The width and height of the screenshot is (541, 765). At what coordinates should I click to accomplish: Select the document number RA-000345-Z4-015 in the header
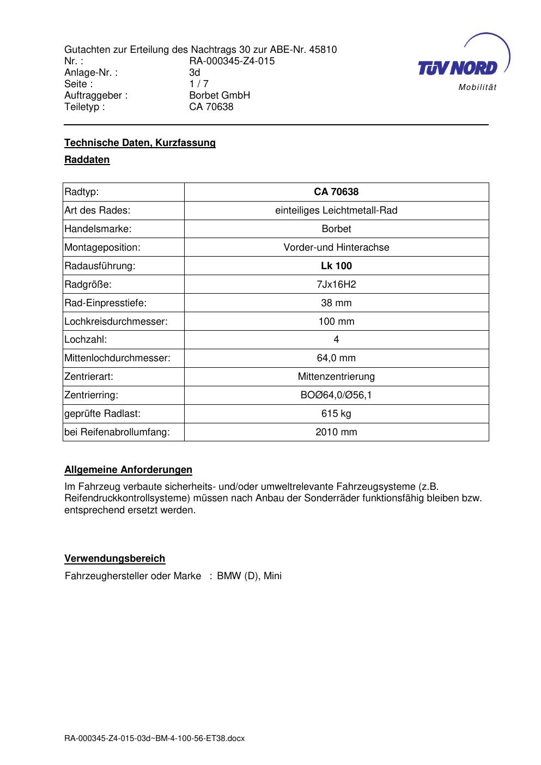click(x=232, y=61)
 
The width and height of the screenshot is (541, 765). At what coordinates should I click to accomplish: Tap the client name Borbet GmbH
click(x=220, y=95)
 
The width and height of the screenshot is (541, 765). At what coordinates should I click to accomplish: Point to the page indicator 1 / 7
click(x=198, y=84)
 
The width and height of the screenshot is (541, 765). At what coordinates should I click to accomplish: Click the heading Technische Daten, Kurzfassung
click(x=140, y=143)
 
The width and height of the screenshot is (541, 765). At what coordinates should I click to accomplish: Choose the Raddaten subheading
click(x=87, y=160)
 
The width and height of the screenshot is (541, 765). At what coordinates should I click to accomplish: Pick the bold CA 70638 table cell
click(x=336, y=192)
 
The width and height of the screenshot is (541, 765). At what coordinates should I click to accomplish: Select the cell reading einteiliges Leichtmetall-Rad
click(x=336, y=210)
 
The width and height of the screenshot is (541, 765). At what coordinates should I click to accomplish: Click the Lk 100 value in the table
click(x=336, y=266)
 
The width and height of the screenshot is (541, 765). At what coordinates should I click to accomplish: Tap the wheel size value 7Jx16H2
click(x=336, y=284)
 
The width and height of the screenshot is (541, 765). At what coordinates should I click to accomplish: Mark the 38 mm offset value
click(x=336, y=303)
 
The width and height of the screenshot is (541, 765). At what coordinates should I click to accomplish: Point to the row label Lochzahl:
click(x=86, y=339)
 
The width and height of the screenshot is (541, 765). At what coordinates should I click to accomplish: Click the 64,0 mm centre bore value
click(x=336, y=358)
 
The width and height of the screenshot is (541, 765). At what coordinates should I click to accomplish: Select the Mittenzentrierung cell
click(x=336, y=377)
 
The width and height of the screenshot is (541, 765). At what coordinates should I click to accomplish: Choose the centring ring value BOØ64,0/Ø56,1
click(x=336, y=395)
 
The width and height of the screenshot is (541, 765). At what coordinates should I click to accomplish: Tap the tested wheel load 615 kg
click(x=336, y=414)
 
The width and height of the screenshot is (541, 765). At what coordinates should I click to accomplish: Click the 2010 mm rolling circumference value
click(x=336, y=432)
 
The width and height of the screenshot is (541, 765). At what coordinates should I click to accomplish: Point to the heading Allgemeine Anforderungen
click(x=128, y=470)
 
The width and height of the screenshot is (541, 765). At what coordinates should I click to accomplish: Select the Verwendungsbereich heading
click(x=114, y=558)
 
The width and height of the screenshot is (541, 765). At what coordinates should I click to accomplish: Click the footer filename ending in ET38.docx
click(x=154, y=738)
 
